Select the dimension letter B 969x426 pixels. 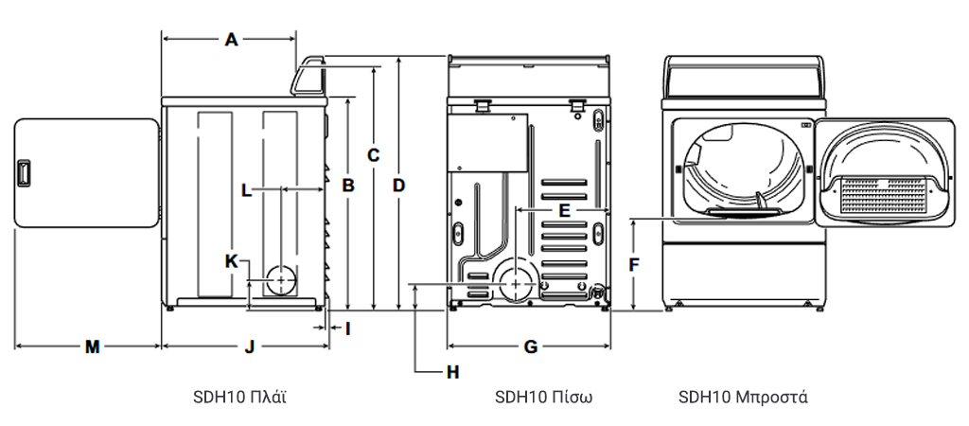[348, 186]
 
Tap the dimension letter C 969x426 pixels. [374, 154]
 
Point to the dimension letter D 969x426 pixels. [399, 186]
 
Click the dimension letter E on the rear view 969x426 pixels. [564, 209]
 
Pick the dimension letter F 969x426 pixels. [634, 265]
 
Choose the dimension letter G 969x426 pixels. [530, 346]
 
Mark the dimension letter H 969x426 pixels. [453, 372]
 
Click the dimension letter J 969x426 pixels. [249, 346]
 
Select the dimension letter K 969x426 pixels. [231, 260]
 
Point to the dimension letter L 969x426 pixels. [246, 189]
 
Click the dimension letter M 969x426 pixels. [92, 346]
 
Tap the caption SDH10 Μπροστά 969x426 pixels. [743, 396]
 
